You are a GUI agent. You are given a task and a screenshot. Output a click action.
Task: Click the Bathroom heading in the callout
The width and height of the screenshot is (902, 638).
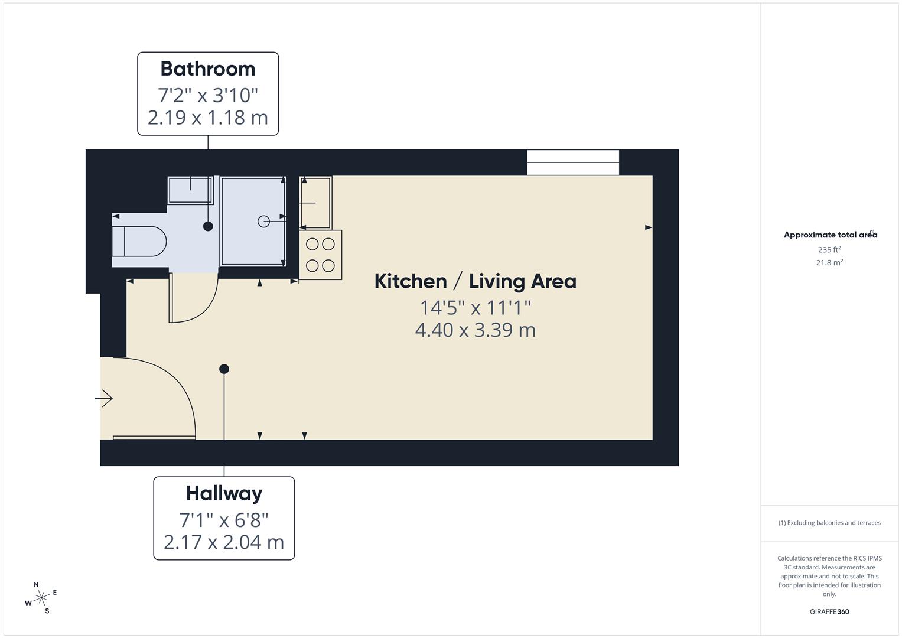coord(208,69)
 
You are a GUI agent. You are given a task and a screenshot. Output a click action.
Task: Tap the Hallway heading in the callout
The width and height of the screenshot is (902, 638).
coord(224,493)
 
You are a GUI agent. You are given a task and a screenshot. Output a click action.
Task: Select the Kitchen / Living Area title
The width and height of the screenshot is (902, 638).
coord(476,281)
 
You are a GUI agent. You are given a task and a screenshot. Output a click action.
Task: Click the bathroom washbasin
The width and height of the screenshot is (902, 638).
coord(190,190)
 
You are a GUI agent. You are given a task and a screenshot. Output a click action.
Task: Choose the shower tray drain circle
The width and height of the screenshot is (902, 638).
coord(263,221)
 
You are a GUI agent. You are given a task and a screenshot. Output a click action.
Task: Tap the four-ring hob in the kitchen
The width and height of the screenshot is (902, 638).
coord(321,255)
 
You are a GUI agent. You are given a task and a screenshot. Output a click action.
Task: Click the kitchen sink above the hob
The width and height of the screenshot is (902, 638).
coord(316,203)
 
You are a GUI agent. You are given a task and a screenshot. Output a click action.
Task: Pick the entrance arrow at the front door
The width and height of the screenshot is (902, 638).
coord(104,399)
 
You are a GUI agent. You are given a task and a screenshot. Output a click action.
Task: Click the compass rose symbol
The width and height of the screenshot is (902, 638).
coord(41,598)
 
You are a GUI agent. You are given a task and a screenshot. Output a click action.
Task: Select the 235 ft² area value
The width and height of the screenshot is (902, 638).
coord(829,249)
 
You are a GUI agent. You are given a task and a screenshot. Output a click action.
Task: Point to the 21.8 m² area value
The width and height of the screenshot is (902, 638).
coord(829,262)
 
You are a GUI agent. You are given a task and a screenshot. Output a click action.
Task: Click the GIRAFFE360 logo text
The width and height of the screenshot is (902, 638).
coord(829,611)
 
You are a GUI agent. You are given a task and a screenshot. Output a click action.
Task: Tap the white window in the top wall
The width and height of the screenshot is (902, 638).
coord(573,162)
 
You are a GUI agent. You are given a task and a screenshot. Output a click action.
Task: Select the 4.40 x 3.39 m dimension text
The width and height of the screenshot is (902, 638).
coord(476,330)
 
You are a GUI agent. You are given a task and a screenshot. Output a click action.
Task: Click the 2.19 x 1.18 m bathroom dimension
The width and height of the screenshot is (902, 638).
coord(208,118)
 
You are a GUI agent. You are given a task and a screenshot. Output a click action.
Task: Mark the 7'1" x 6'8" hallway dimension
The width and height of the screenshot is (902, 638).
coord(224,520)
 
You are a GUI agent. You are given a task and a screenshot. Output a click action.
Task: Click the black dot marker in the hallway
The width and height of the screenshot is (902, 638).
coord(224,369)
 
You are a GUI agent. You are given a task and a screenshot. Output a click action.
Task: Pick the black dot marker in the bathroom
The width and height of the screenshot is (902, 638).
coord(208,226)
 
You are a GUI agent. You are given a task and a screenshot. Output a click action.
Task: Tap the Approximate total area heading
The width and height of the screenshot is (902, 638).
coord(830,235)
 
